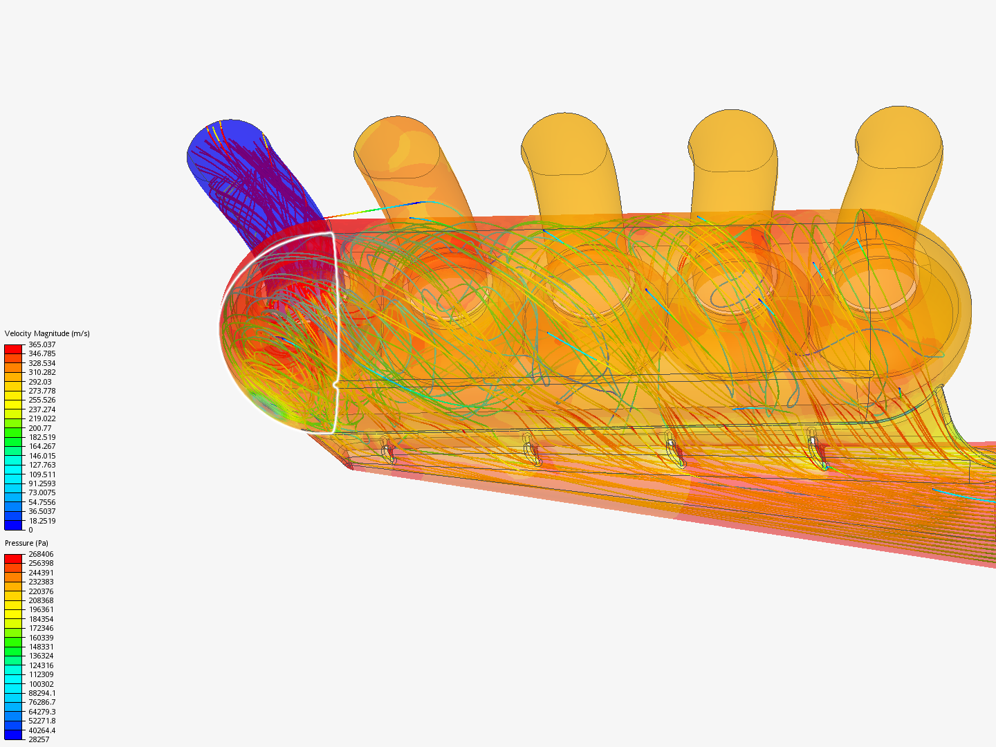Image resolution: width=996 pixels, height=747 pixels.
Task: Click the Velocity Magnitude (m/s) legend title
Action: click(47, 333)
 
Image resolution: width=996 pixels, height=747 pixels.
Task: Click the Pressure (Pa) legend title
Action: click(26, 543)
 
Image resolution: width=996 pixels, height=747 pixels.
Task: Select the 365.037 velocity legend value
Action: click(41, 344)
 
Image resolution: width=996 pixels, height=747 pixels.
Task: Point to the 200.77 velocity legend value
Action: click(39, 428)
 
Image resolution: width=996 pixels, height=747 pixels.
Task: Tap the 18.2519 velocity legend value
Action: click(41, 521)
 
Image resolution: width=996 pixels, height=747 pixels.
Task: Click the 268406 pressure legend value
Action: click(41, 554)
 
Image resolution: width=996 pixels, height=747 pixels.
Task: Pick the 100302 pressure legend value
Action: click(41, 684)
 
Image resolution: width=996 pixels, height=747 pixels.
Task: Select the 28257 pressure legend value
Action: click(39, 739)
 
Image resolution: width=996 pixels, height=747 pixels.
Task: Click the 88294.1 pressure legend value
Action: click(41, 693)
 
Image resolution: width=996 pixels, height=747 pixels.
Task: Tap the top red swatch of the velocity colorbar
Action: click(13, 349)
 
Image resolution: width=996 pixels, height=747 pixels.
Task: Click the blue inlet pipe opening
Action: click(225, 149)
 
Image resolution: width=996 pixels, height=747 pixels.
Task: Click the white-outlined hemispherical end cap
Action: click(280, 332)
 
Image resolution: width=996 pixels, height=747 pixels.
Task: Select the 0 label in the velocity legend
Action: click(30, 530)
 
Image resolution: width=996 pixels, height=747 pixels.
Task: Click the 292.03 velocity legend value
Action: click(39, 382)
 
